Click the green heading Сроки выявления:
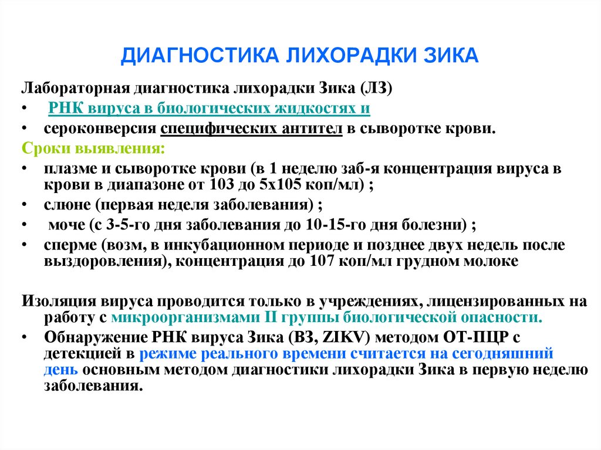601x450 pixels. (x=93, y=147)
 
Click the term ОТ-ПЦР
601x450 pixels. (x=479, y=338)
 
